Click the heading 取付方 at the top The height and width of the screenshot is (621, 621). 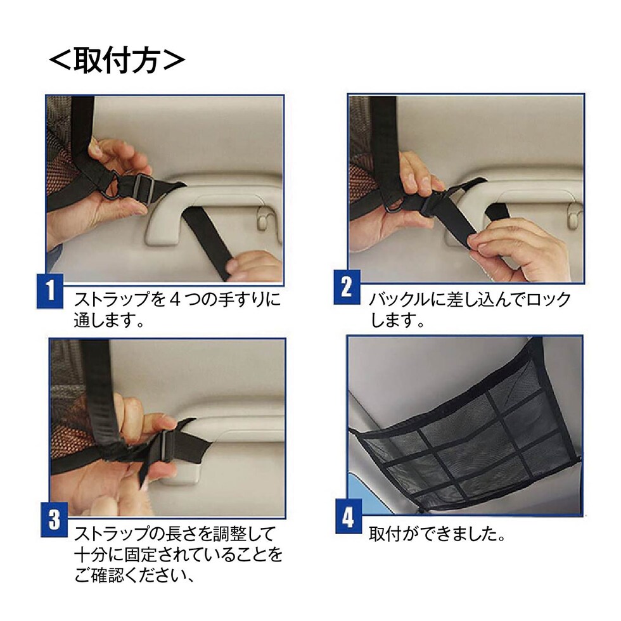click(117, 61)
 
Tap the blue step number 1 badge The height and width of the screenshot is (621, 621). click(50, 291)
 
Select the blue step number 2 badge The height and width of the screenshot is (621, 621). click(347, 286)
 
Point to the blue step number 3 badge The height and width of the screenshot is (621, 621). click(54, 520)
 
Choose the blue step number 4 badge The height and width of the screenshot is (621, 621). click(349, 516)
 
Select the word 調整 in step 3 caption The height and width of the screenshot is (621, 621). click(221, 534)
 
